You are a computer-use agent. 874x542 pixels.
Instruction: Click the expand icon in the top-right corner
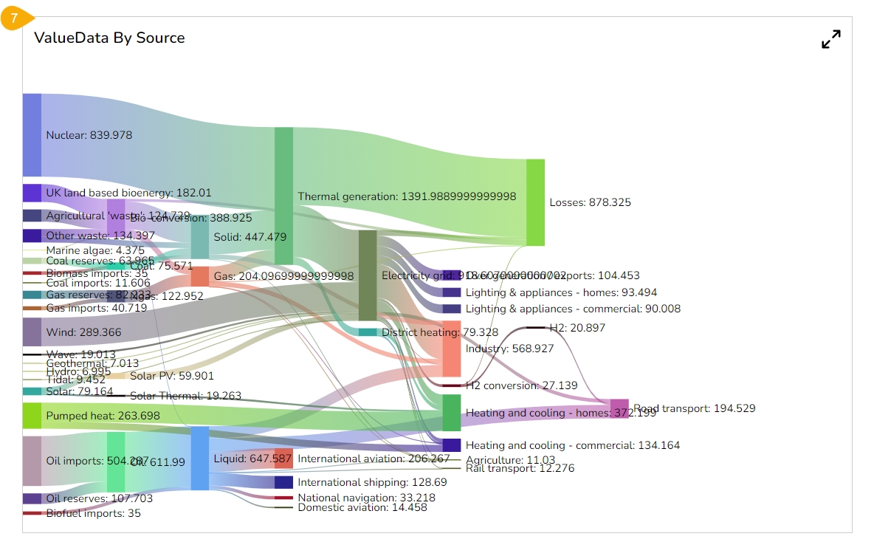click(x=831, y=40)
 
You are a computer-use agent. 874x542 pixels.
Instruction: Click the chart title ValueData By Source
click(x=109, y=38)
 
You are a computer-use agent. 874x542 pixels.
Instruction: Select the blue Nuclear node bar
click(x=32, y=135)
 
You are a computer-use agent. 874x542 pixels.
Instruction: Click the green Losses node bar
click(x=535, y=202)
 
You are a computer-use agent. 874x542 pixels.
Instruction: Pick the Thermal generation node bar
click(x=283, y=196)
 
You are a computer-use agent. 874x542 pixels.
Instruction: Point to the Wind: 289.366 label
click(x=83, y=333)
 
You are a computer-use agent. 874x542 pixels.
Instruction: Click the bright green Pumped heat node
click(x=32, y=416)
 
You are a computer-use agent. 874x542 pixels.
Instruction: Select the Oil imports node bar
click(x=32, y=461)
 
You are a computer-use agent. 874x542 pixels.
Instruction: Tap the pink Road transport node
click(x=619, y=408)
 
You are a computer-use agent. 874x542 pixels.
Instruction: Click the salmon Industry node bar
click(x=451, y=349)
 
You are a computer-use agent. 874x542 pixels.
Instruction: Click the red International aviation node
click(x=283, y=459)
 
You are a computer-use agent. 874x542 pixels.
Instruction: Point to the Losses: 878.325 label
click(x=591, y=202)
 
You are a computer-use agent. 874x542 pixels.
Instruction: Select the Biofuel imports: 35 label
click(x=93, y=513)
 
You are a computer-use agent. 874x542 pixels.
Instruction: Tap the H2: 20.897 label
click(x=577, y=328)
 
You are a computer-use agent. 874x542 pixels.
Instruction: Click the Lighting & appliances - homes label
click(x=561, y=292)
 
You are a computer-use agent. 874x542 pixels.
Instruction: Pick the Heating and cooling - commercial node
click(x=451, y=445)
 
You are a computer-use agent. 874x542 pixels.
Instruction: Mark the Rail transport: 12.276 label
click(x=520, y=468)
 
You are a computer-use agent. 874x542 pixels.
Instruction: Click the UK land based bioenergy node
click(x=32, y=193)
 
